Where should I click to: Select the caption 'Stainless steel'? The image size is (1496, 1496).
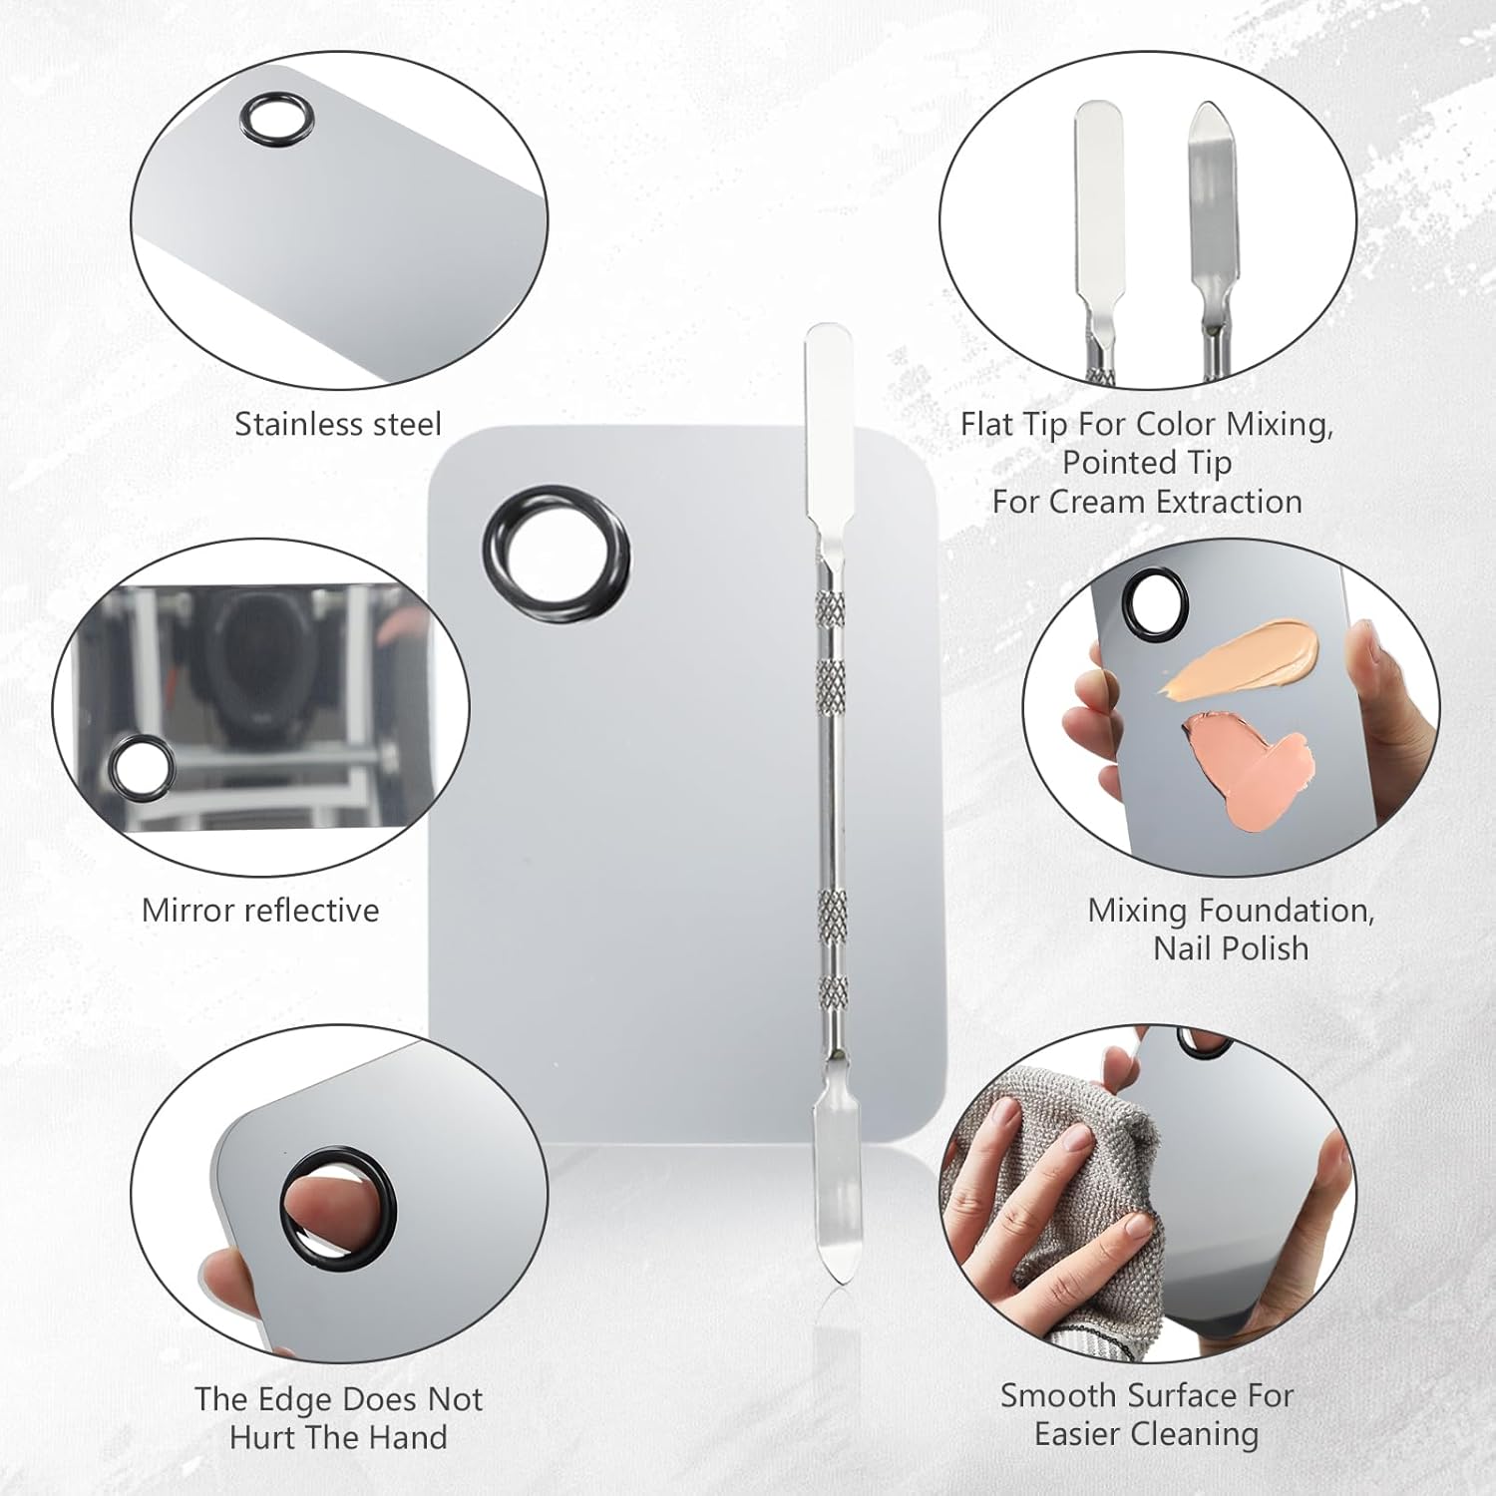pos(338,424)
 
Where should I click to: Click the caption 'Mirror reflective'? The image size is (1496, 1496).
pos(260,910)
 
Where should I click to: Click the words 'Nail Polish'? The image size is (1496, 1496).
pos(1231,947)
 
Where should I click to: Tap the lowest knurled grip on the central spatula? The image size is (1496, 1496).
pos(833,992)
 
